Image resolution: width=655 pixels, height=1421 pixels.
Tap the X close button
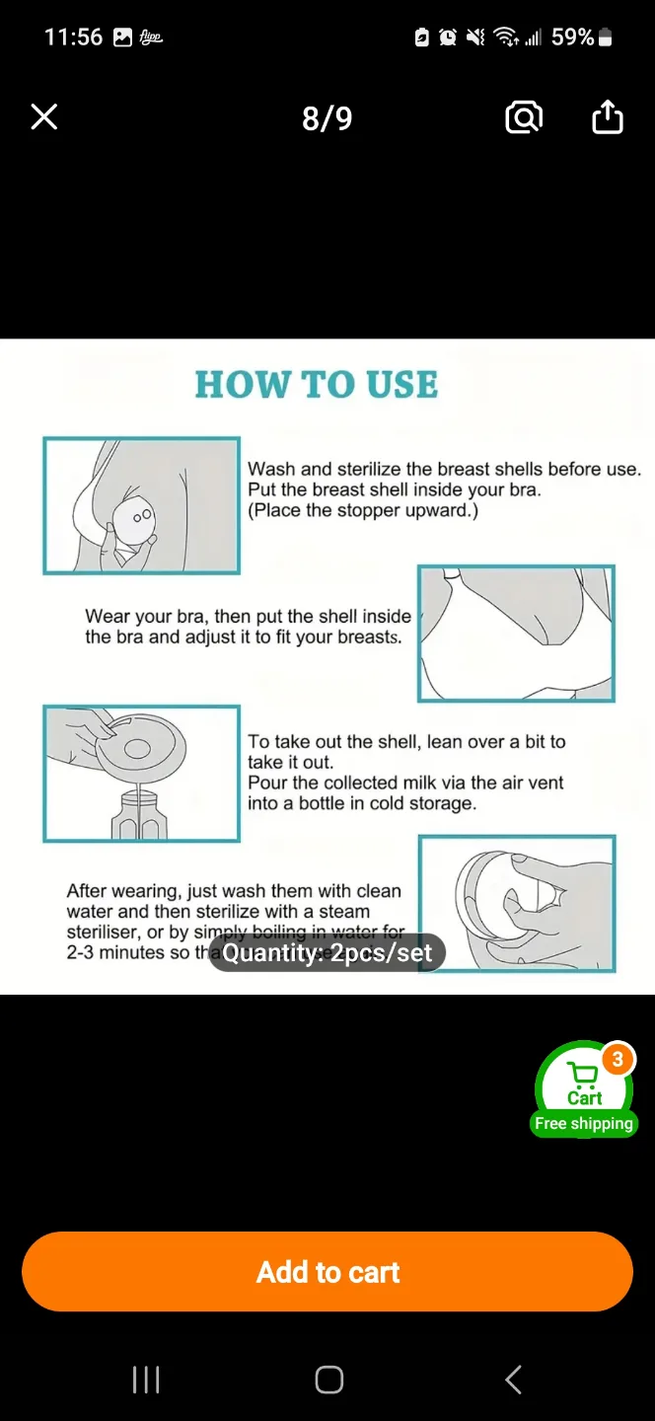coord(44,118)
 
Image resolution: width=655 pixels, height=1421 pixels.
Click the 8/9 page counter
coord(327,118)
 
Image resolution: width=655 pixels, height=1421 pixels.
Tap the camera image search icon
coord(523,118)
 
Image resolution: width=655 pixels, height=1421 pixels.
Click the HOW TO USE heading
coord(316,385)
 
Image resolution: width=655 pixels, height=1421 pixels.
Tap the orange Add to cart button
coord(327,1272)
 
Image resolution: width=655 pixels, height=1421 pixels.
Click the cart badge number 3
coord(618,1060)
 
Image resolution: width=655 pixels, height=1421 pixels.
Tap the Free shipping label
coord(583,1124)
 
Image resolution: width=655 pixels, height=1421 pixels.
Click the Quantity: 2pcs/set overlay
coord(327,953)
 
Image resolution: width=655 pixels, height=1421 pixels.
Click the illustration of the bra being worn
coord(516,634)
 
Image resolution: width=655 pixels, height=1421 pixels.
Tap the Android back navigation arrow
coord(513,1380)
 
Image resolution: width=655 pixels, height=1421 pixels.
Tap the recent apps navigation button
coord(146,1380)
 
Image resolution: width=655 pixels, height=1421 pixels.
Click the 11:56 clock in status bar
coord(73,37)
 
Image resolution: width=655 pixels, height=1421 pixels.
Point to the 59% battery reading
coord(572,37)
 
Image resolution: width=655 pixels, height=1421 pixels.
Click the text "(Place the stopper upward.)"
coord(362,510)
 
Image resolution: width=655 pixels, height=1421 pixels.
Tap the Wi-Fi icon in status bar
coord(506,37)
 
